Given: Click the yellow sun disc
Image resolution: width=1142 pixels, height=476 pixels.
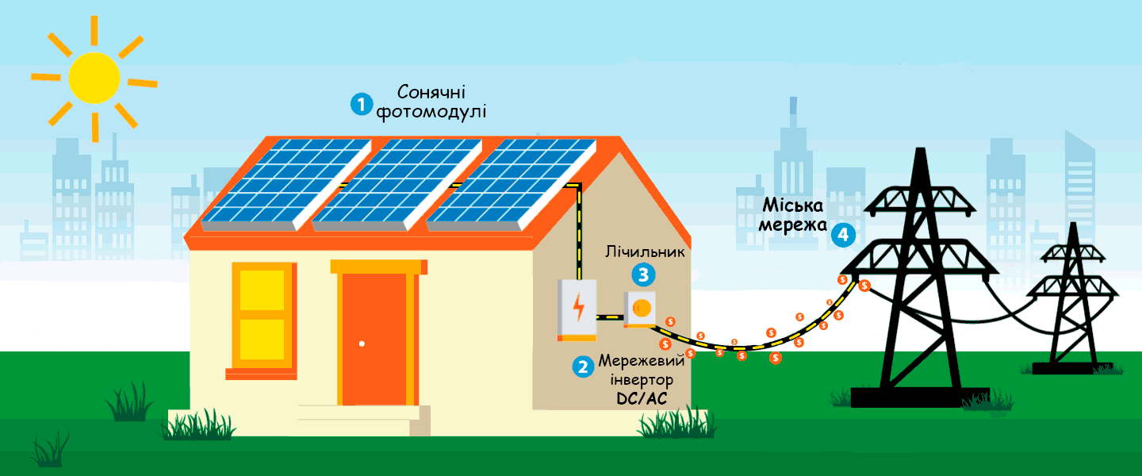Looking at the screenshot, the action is (94, 78).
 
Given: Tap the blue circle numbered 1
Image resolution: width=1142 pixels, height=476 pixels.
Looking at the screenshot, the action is (362, 104).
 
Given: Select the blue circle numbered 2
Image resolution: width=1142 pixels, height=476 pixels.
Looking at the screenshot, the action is (583, 367).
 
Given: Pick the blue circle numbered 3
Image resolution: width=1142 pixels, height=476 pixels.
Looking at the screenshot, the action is (643, 274).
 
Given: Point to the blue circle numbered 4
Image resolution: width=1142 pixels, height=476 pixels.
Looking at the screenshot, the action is (843, 235).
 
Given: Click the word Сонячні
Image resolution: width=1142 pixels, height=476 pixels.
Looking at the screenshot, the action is (431, 92).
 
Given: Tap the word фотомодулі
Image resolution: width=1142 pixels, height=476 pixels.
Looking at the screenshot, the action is (431, 112).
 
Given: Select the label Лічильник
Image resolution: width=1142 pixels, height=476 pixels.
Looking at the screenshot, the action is (645, 251).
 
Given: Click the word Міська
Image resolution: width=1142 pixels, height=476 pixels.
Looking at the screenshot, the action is (793, 205).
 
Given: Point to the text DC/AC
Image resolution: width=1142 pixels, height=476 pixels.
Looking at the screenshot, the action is (642, 398).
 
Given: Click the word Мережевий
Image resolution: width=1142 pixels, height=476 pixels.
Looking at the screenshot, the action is (642, 361).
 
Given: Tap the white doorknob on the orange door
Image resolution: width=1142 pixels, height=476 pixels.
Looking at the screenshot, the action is (362, 344).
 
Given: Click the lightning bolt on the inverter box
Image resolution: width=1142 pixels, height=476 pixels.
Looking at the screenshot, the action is (578, 306).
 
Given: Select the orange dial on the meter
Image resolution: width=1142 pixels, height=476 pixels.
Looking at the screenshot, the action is (642, 308).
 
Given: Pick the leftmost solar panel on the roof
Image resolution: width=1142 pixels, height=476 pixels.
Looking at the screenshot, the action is (286, 185).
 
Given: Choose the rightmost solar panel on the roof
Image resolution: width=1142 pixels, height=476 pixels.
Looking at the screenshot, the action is (512, 185).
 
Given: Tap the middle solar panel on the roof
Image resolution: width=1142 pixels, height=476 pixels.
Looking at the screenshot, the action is (397, 185).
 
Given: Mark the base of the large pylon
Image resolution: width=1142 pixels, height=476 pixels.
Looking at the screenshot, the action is (920, 397).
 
